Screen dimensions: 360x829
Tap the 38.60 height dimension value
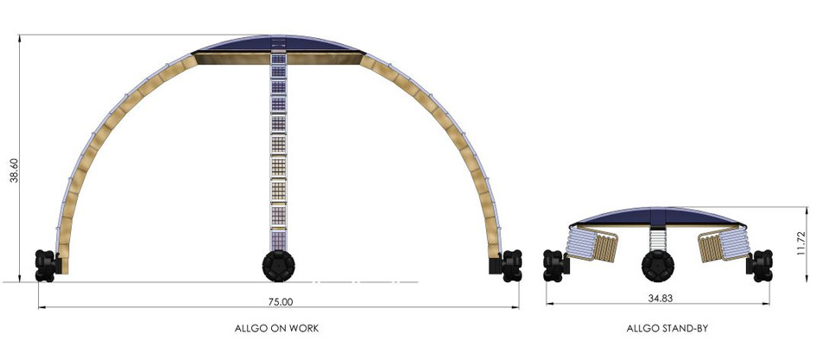11,168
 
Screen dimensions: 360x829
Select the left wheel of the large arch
46,265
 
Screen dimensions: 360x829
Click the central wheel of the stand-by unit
656,266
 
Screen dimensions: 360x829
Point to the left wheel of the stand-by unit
554,265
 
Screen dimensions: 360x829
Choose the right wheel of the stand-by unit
761,265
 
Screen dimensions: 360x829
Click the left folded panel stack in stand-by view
595,244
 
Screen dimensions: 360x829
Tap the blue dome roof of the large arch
279,43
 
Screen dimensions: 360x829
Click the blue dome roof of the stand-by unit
656,214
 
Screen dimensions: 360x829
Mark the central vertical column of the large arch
279,155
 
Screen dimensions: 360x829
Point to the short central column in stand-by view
656,237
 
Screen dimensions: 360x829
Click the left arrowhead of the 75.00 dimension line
41,307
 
